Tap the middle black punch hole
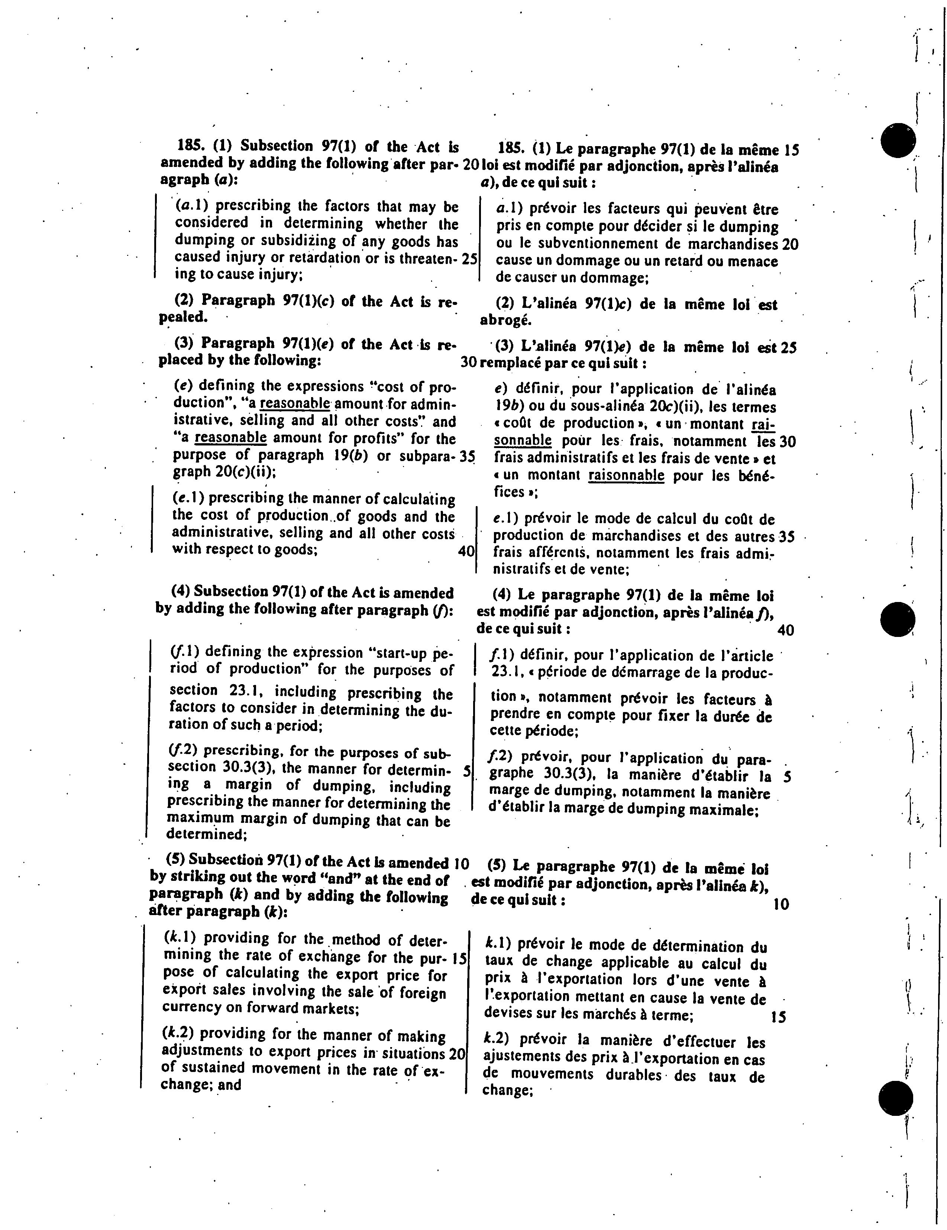tap(899, 619)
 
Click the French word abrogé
tap(505, 321)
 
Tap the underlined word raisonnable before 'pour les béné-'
tap(626, 476)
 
